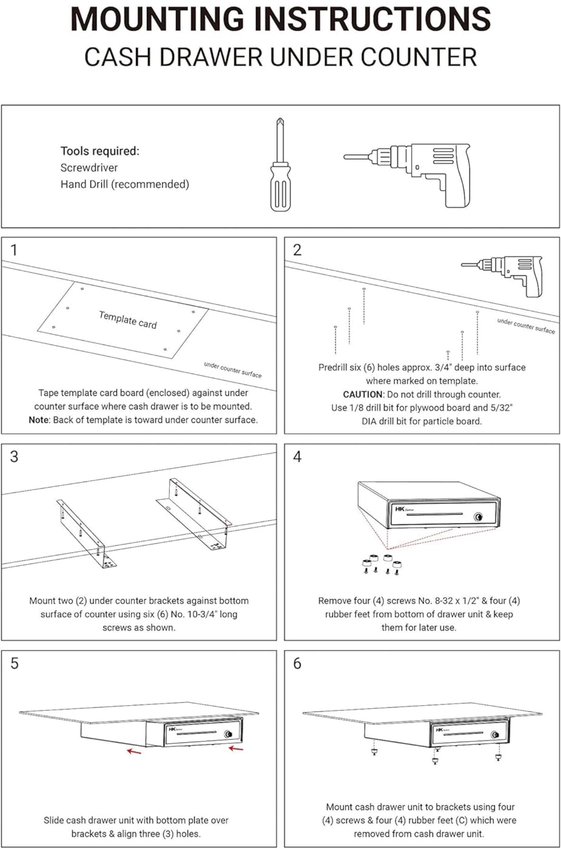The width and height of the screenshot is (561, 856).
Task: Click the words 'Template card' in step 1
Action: [128, 320]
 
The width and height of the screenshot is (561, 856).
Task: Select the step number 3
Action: [14, 457]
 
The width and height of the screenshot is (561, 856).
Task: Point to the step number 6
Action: [297, 663]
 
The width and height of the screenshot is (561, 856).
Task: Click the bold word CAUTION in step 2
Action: [363, 394]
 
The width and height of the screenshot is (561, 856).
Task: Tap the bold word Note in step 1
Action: [39, 420]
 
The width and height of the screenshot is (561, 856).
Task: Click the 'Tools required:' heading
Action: [100, 151]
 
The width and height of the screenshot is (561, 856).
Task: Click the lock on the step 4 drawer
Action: [478, 517]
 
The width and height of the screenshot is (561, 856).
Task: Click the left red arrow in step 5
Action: [134, 751]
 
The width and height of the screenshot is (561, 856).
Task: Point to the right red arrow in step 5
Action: [236, 748]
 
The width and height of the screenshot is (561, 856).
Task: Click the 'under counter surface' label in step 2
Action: [526, 326]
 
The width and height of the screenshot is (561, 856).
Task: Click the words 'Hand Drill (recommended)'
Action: [125, 185]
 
